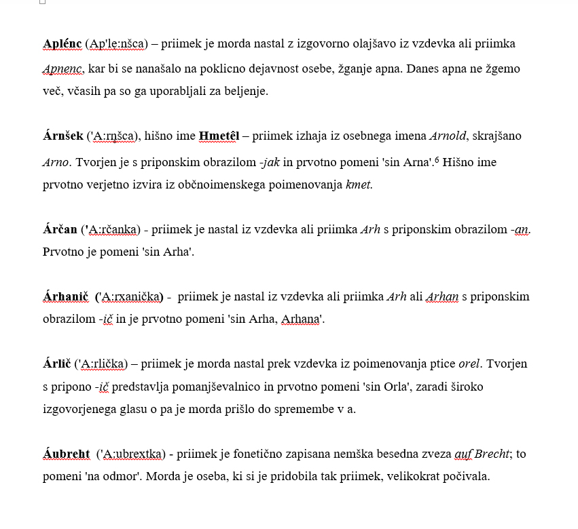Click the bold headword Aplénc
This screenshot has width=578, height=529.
(x=62, y=44)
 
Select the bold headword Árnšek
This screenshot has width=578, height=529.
(x=62, y=136)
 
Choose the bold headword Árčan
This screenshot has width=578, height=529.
(x=60, y=229)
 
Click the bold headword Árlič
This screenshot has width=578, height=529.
(x=57, y=364)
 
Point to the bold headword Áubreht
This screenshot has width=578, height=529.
(x=66, y=454)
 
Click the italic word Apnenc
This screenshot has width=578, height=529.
(x=62, y=69)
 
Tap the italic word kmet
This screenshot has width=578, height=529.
(x=359, y=184)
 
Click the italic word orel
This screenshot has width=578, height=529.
(x=469, y=364)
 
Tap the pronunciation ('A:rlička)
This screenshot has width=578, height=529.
(x=101, y=364)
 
